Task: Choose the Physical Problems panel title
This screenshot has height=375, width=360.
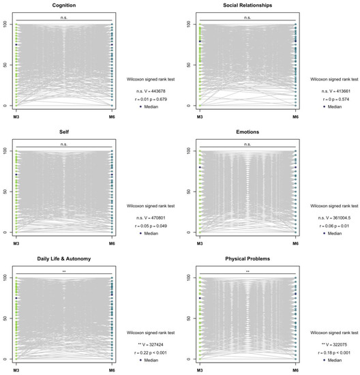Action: [247, 260]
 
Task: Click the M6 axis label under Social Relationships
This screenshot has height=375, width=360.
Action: [295, 117]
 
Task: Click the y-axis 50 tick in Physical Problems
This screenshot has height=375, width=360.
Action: [189, 318]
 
